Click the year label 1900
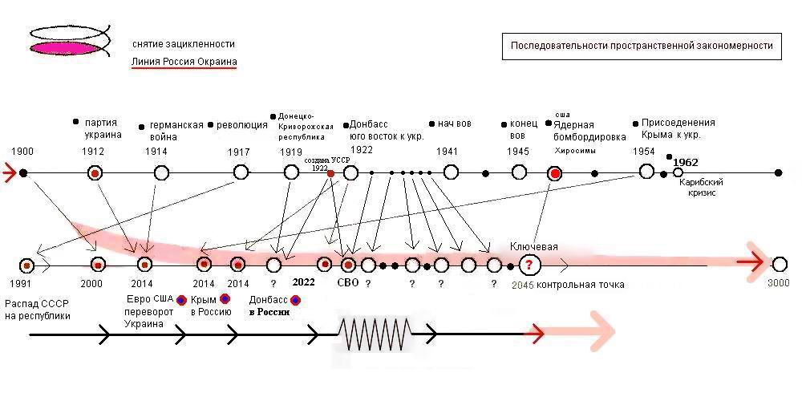[x=22, y=152]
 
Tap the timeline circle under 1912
[x=95, y=172]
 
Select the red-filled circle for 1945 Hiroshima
[x=554, y=172]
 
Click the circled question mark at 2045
[x=528, y=265]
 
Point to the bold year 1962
[x=686, y=162]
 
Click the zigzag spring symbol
[x=375, y=333]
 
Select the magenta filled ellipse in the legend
[x=69, y=49]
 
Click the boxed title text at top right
[x=642, y=46]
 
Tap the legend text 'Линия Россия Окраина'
[x=184, y=62]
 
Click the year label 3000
[x=778, y=283]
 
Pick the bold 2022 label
[x=303, y=282]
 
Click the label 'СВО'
[x=347, y=282]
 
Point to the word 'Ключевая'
[x=533, y=246]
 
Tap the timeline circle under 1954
[x=646, y=172]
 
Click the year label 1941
[x=448, y=152]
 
